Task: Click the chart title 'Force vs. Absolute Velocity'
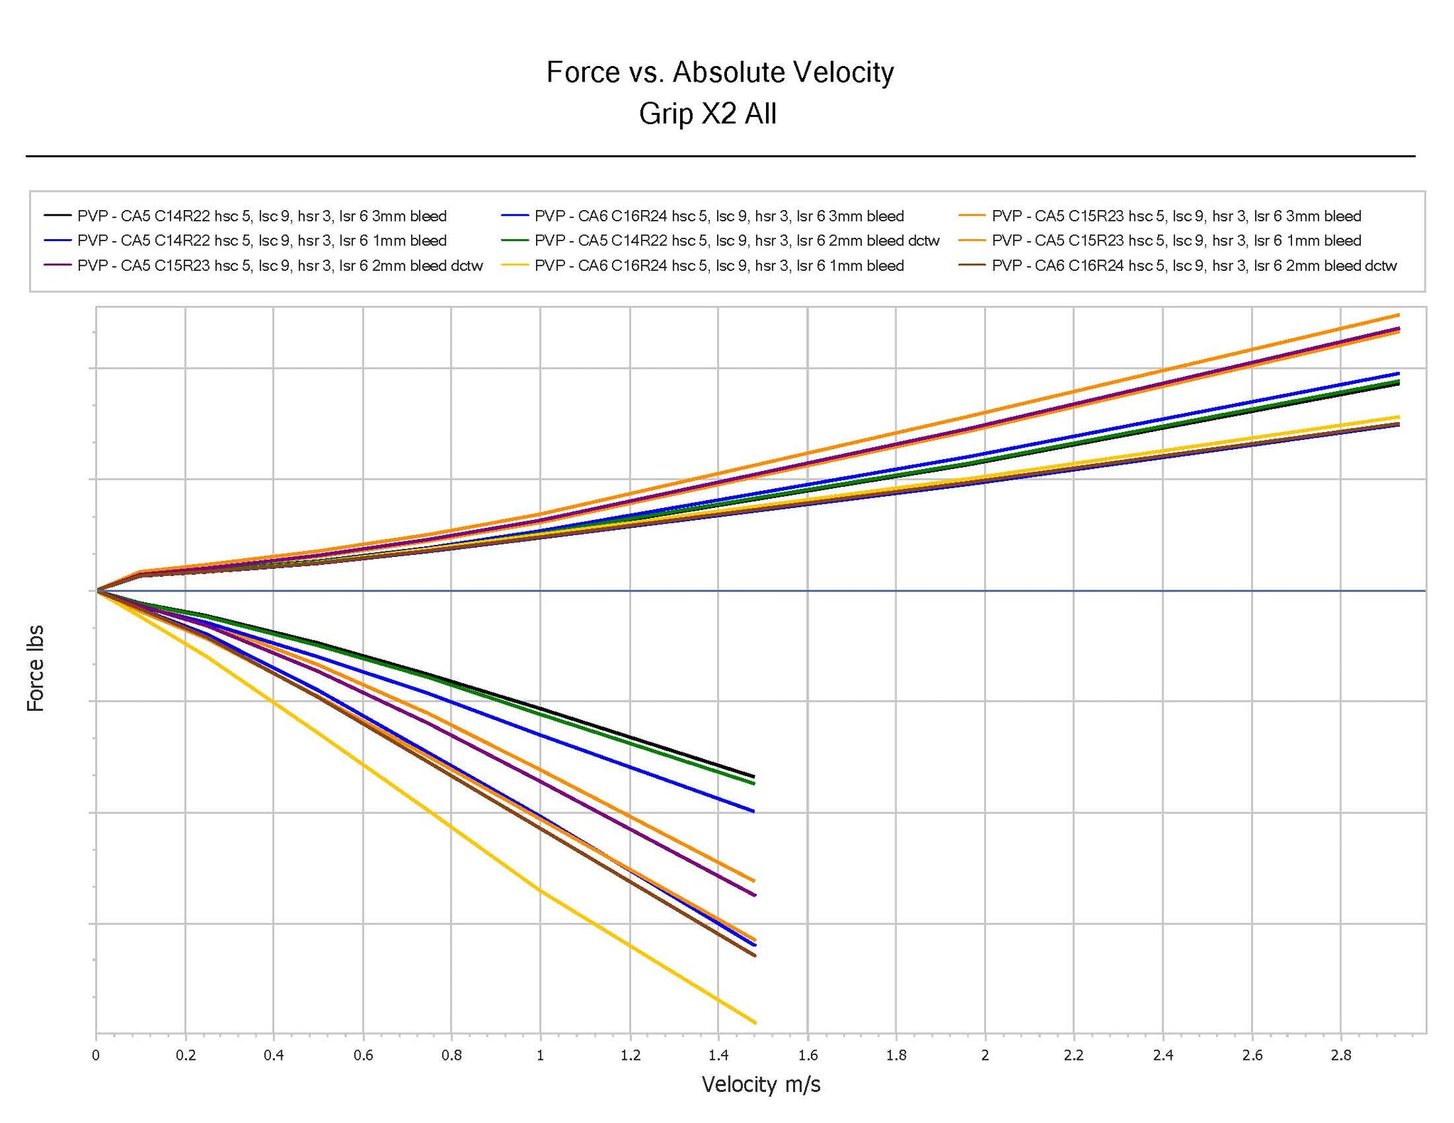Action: tap(719, 72)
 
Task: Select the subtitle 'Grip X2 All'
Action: tap(707, 114)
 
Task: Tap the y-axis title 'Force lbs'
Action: tap(35, 668)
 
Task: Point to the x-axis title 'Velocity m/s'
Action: tap(760, 1084)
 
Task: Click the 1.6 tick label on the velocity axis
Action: tap(807, 1055)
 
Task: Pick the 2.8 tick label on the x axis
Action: tap(1340, 1055)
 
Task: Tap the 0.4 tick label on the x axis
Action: tap(273, 1055)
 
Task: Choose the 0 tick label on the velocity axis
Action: tap(96, 1055)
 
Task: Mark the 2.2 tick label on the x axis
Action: tap(1073, 1055)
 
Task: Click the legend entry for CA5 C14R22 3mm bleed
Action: tap(261, 216)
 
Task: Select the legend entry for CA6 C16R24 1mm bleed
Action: tap(718, 266)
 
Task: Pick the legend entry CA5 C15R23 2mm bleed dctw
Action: tap(280, 266)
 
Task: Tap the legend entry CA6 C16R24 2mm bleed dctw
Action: tap(1193, 266)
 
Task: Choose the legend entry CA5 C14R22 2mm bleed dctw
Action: tap(736, 240)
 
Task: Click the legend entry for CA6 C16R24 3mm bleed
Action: tap(718, 216)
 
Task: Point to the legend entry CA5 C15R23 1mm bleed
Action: tap(1176, 240)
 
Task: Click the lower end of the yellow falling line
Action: tap(755, 1022)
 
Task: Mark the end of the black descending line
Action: tap(754, 776)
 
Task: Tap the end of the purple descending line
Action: tap(755, 895)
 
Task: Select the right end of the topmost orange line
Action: tap(1399, 314)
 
